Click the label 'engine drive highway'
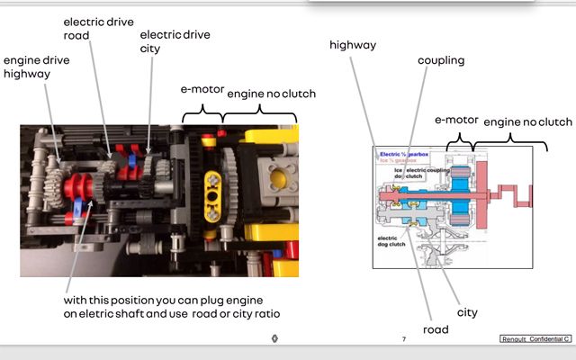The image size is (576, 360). pos(37,67)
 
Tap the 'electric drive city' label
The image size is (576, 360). pos(175,41)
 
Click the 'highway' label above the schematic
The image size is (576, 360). pos(353,44)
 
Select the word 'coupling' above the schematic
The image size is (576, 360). pos(441,60)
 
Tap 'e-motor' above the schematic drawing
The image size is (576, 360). pos(455,119)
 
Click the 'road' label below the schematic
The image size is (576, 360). pos(436,329)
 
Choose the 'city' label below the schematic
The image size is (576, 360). pos(466,312)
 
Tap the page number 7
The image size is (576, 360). pos(404,338)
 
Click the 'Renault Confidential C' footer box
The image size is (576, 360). pos(535,338)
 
